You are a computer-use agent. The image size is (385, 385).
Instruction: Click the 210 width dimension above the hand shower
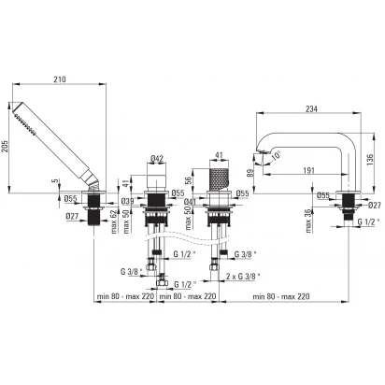click(x=60, y=79)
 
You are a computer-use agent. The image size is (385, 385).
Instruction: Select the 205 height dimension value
click(x=5, y=146)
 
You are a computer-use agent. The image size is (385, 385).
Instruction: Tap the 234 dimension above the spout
click(x=311, y=109)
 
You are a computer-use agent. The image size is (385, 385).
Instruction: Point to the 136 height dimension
click(x=370, y=160)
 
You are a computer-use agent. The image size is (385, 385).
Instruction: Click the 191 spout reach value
click(x=309, y=170)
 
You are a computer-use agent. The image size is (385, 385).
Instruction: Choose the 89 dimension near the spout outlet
click(x=250, y=173)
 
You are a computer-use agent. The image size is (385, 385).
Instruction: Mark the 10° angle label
click(x=276, y=155)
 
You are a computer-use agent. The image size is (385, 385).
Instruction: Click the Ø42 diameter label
click(x=157, y=159)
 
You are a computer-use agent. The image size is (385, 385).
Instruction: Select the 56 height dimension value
click(x=188, y=180)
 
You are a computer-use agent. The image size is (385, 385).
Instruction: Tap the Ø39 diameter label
click(x=127, y=201)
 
